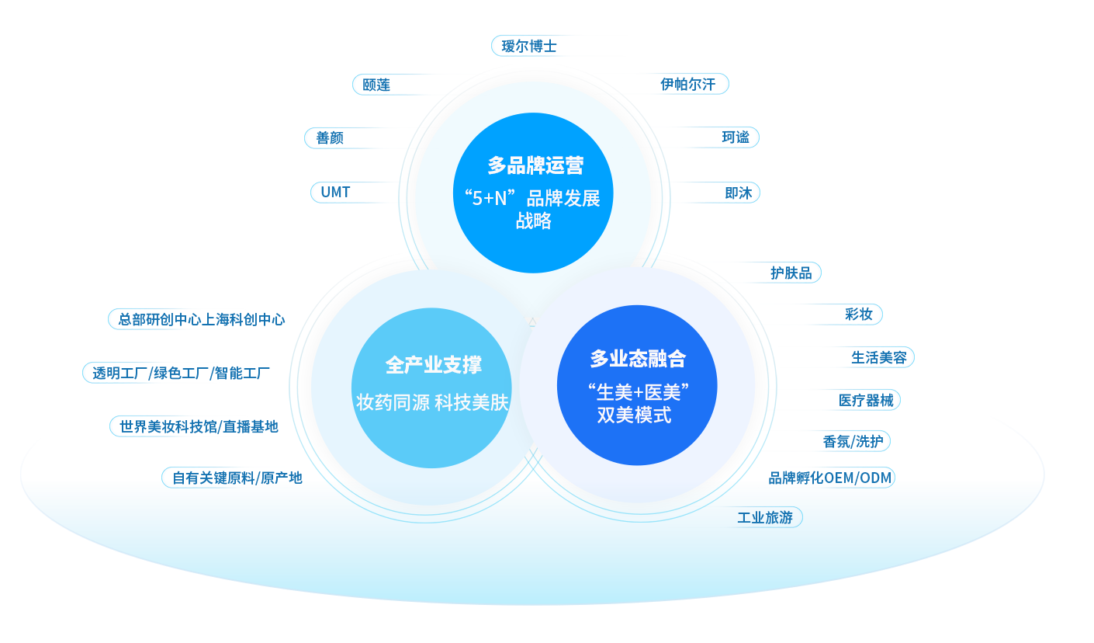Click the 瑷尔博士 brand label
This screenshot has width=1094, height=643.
click(530, 46)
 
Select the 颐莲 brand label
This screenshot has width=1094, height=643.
click(376, 85)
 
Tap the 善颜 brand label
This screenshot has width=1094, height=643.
click(330, 138)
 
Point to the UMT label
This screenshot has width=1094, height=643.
click(336, 192)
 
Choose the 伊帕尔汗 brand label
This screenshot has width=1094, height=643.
click(688, 84)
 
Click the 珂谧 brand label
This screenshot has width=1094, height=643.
click(736, 137)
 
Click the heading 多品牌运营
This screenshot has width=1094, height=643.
click(535, 165)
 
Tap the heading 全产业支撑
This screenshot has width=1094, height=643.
click(433, 365)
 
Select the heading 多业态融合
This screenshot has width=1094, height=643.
click(638, 359)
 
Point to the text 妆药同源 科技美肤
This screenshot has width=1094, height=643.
click(432, 402)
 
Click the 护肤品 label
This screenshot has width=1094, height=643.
click(790, 273)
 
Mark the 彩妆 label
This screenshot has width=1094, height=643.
click(859, 315)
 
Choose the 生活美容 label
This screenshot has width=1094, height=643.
click(878, 357)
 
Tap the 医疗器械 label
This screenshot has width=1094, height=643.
click(865, 401)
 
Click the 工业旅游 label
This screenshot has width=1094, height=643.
click(765, 518)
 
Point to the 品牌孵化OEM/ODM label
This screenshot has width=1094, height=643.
click(830, 478)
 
